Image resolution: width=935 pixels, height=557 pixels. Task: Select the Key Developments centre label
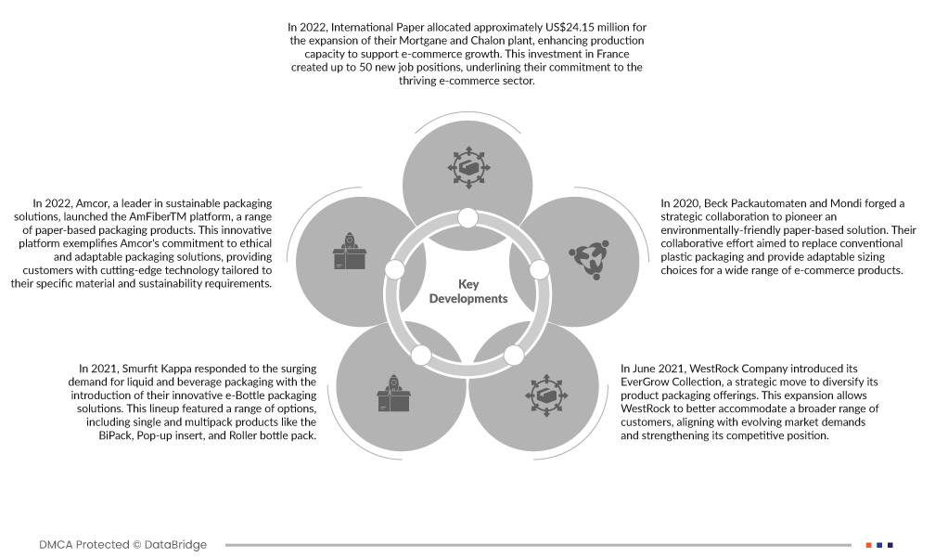[x=468, y=291]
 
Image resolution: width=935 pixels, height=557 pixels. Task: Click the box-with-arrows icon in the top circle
[x=467, y=167]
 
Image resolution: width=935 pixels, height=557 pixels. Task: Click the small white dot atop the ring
[x=467, y=219]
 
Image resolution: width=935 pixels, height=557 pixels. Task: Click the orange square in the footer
[x=869, y=544]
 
